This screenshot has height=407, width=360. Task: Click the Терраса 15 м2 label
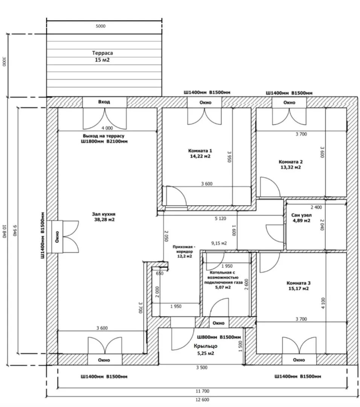(x=102, y=56)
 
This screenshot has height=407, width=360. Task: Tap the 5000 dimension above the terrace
(x=101, y=26)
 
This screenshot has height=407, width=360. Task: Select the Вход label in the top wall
(x=104, y=102)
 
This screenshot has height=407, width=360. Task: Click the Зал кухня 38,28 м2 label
(x=104, y=217)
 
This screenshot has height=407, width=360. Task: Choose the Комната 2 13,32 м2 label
(x=290, y=165)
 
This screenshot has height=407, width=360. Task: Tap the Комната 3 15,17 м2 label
(x=299, y=286)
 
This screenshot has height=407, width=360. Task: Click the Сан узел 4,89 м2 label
(x=301, y=218)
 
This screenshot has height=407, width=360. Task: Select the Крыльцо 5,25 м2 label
(x=206, y=349)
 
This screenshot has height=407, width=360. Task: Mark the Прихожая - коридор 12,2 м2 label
(x=184, y=251)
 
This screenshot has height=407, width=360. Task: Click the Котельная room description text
(x=223, y=280)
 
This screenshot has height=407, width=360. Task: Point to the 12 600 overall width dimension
(x=202, y=400)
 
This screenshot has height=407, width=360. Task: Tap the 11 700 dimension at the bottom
(x=202, y=391)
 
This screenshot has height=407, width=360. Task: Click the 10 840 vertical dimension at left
(x=5, y=231)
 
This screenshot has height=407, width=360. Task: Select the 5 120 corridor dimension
(x=220, y=219)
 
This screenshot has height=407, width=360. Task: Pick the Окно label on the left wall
(x=57, y=237)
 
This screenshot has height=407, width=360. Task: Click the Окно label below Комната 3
(x=299, y=360)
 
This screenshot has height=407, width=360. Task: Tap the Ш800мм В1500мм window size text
(x=219, y=337)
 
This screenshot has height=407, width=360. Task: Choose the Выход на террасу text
(x=104, y=136)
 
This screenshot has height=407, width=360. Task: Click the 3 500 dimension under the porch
(x=202, y=367)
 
